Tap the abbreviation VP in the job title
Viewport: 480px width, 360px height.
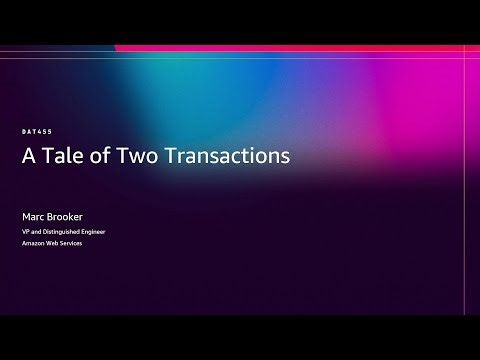click(26, 231)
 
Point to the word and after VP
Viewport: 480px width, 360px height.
click(37, 231)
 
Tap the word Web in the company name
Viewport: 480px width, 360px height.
click(55, 244)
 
